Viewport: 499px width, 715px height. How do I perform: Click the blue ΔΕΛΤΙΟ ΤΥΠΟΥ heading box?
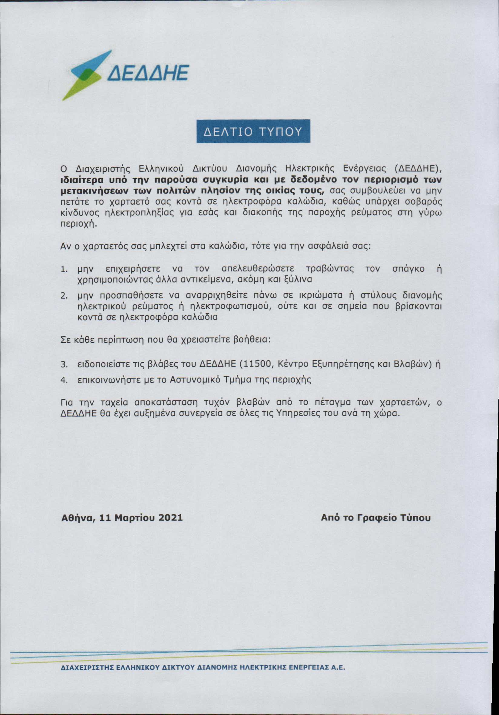[x=253, y=131]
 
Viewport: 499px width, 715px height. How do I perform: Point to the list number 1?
[x=64, y=269]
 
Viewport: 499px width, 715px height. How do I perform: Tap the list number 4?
[x=64, y=380]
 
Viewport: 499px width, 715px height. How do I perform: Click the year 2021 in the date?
[x=170, y=517]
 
